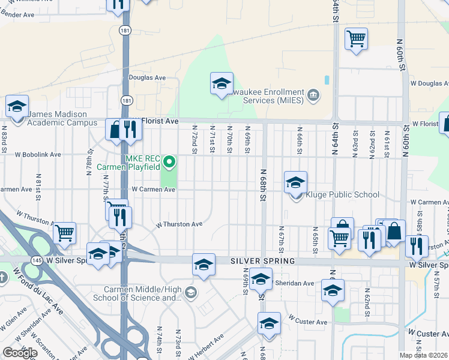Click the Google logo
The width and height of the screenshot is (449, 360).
[20, 353]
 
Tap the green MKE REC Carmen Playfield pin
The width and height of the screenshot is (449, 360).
[169, 161]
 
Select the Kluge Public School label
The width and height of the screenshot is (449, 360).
[343, 194]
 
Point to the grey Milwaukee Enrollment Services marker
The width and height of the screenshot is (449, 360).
[313, 95]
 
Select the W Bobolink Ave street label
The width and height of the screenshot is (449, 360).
[38, 154]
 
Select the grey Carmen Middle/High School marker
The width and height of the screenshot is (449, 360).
[191, 293]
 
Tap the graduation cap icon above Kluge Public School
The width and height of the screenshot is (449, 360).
[295, 182]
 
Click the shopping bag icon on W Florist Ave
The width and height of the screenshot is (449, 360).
[115, 128]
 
